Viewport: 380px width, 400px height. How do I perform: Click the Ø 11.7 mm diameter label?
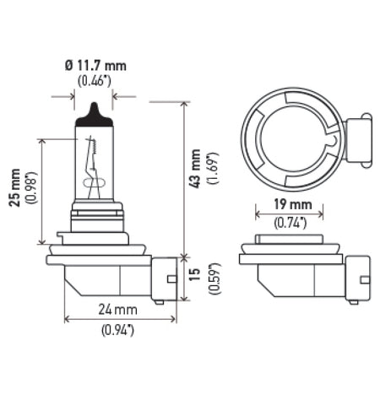(94, 64)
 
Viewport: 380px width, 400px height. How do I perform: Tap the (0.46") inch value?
(94, 81)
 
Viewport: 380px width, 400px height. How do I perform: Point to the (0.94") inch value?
(119, 330)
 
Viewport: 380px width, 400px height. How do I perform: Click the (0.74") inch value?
(291, 222)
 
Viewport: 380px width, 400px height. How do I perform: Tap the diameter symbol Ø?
(69, 64)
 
